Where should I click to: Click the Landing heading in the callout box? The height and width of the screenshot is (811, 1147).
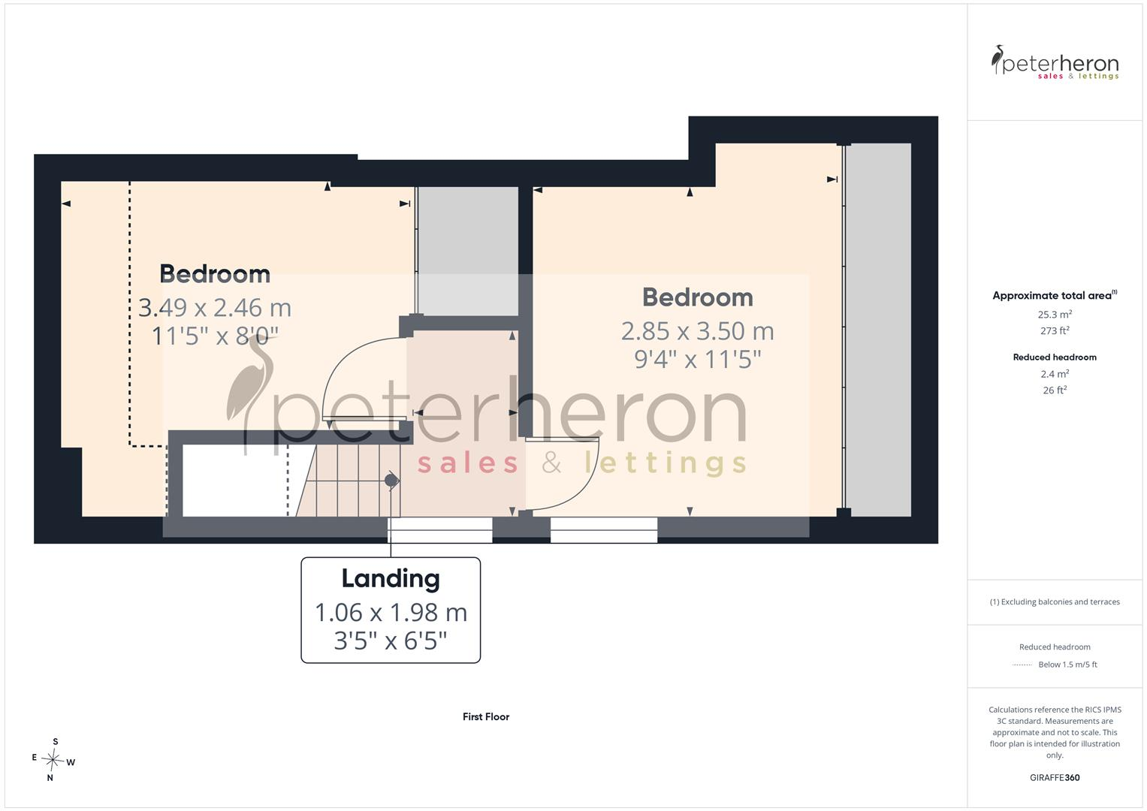point(391,579)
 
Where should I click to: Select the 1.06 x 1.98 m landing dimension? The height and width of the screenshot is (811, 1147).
point(391,612)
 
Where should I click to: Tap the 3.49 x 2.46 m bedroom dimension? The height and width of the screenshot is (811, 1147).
point(215,308)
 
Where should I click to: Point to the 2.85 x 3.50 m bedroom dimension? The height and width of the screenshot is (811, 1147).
point(697,330)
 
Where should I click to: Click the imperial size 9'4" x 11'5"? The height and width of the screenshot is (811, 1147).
point(697,360)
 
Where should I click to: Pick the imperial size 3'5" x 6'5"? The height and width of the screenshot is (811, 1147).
point(391,641)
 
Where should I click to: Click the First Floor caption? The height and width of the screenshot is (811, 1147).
point(486,717)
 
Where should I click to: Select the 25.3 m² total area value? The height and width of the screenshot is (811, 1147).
point(1055,315)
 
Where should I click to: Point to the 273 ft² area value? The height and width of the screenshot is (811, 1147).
point(1055,330)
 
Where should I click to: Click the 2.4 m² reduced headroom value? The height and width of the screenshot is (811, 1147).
point(1055,374)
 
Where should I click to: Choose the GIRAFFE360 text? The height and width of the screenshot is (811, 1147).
point(1055,778)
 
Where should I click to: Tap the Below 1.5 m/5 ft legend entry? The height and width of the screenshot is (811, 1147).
point(1067,665)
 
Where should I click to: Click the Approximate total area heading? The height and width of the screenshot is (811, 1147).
point(1055,295)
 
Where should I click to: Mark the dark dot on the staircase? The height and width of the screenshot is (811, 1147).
point(391,481)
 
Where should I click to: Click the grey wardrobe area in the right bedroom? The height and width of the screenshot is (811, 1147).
point(878,330)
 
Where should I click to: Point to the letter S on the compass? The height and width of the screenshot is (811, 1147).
point(56,742)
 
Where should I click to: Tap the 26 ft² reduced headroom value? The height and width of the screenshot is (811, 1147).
point(1055,390)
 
